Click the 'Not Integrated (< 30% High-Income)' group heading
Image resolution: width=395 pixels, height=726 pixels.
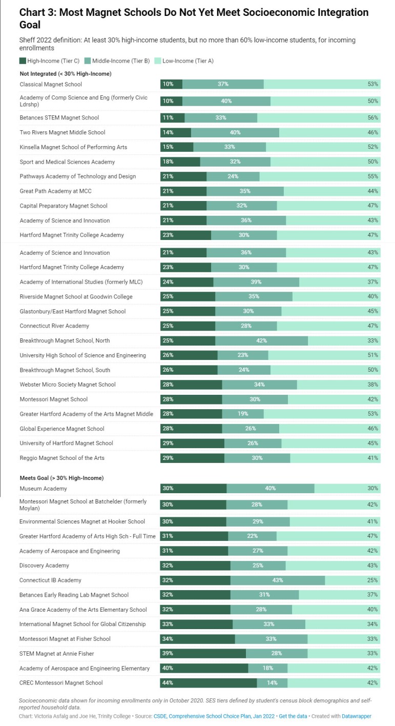point(66,74)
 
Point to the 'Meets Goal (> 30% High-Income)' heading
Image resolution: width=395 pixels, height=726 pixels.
point(61,478)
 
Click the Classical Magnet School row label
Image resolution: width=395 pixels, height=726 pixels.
point(51,84)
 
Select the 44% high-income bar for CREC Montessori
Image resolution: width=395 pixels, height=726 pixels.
point(208,683)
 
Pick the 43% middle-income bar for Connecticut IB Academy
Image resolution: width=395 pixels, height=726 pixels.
point(277,580)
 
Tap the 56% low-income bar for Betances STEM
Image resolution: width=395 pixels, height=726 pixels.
point(319,118)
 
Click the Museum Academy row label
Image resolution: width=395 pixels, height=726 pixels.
point(43,489)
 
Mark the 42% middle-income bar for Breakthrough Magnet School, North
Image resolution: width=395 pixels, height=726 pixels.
point(261,341)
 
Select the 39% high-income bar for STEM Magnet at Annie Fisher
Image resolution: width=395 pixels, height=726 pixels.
point(203,654)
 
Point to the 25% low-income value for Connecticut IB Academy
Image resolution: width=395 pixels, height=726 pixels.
point(372,580)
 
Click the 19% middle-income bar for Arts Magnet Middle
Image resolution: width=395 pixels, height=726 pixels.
point(243,414)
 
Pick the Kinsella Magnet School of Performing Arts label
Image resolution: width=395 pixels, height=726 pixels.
point(73,147)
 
